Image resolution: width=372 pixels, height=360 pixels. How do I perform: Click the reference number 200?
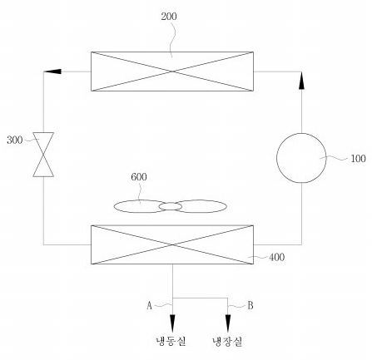coord(169,17)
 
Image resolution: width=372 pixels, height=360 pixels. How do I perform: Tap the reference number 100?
coord(358,159)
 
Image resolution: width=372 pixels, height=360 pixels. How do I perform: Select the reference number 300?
coord(15,140)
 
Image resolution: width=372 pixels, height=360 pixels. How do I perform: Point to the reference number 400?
coord(276,257)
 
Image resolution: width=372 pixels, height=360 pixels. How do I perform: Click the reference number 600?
coord(139,177)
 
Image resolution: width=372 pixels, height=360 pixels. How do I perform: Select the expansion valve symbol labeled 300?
coord(43,155)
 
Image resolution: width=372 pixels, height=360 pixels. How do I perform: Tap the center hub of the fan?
coord(171,206)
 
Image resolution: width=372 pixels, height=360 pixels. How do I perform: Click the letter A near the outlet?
coord(149,305)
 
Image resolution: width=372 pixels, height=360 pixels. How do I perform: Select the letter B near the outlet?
coord(250,305)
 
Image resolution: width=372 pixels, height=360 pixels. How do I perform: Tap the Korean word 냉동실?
coord(171,341)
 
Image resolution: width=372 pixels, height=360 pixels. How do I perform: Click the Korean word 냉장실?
coord(227,342)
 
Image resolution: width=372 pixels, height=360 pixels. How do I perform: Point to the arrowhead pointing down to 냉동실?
coord(172,323)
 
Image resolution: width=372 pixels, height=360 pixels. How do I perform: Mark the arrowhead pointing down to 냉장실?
coord(228,323)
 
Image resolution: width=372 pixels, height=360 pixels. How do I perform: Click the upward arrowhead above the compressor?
coord(301,81)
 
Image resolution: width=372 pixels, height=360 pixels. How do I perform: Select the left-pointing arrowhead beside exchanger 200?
coord(52,72)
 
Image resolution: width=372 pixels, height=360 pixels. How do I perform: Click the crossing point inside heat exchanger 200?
coord(172,72)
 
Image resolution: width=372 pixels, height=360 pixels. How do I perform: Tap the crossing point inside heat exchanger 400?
coord(172,244)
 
